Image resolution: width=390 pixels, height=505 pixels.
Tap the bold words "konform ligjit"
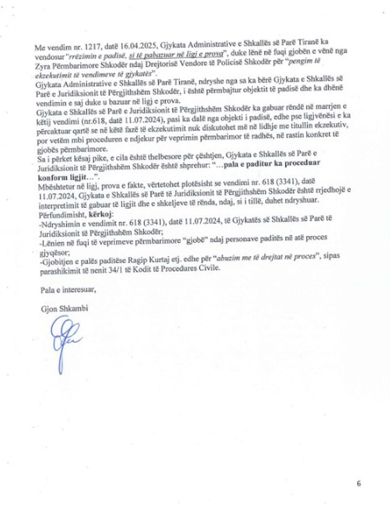point(57,166)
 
